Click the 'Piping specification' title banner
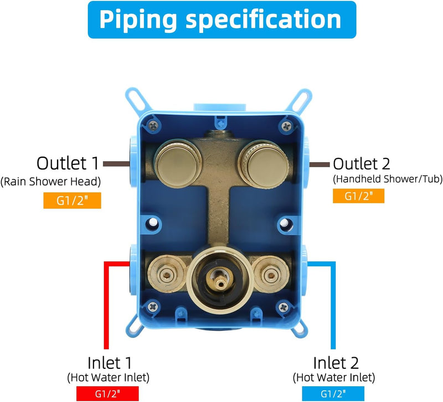222,19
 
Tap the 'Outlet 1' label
68,163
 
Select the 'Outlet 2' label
362,163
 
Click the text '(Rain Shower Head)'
50,182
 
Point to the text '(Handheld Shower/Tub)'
388,179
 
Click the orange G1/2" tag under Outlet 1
72,200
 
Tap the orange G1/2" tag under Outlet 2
358,196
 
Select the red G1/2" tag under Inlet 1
107,394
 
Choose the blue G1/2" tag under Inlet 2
333,394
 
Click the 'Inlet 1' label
110,363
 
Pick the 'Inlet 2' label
336,363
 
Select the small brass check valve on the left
167,274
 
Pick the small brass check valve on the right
271,274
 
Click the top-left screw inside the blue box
153,125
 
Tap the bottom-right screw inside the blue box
283,307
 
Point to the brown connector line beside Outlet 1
116,164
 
